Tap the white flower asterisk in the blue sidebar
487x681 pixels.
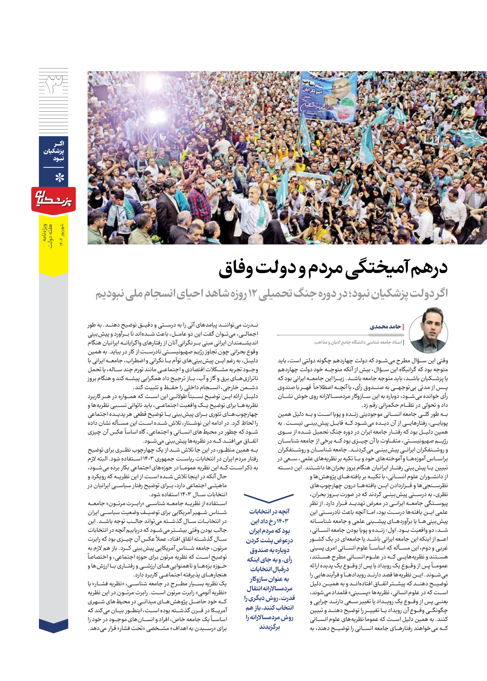59,178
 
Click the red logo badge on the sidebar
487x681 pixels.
53,200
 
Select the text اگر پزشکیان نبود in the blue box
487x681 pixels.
54,151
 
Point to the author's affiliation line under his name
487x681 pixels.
359,342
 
